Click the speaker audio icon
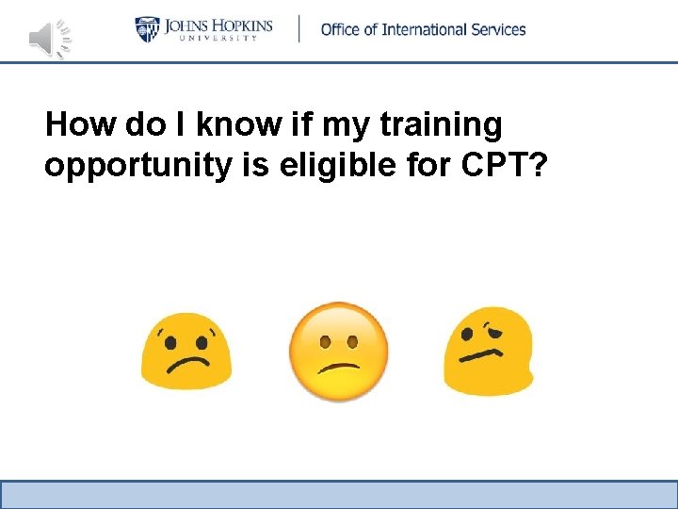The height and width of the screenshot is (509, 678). pyautogui.click(x=49, y=38)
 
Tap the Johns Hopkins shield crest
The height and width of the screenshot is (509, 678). pyautogui.click(x=148, y=29)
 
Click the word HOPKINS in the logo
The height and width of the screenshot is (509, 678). pyautogui.click(x=236, y=25)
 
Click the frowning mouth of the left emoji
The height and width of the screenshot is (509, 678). pyautogui.click(x=186, y=364)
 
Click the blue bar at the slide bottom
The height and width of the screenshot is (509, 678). pyautogui.click(x=338, y=494)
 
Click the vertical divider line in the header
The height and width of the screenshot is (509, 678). pyautogui.click(x=299, y=28)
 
